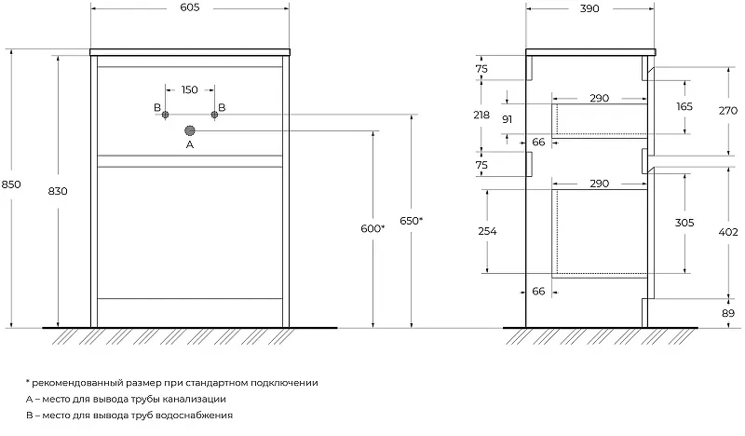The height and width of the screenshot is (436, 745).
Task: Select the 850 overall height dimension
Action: click(11, 184)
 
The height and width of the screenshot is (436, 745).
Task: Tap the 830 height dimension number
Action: click(57, 190)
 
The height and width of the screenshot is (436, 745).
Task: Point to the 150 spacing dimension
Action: click(189, 89)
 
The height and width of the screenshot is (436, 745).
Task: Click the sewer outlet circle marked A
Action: click(190, 130)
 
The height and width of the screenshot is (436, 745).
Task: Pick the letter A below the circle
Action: click(190, 145)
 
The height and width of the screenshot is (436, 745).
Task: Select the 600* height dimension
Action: click(372, 228)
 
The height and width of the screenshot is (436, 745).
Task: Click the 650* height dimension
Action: click(412, 220)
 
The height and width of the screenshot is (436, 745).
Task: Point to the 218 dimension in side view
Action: click(481, 114)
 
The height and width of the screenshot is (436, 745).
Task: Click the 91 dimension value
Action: click(508, 119)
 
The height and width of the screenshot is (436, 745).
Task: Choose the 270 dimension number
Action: click(730, 108)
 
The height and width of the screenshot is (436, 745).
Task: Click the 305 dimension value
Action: click(684, 223)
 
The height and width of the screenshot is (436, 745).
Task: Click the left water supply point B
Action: click(165, 114)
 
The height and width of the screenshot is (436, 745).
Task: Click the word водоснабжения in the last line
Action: click(196, 415)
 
